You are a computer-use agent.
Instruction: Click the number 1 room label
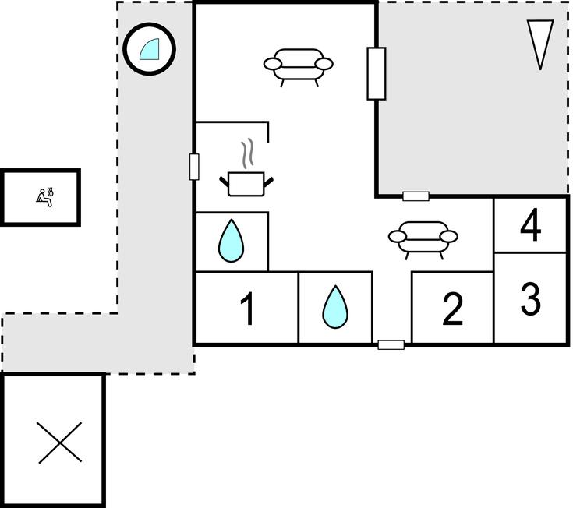coord(248,309)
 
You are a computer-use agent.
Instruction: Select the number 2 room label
coord(453,309)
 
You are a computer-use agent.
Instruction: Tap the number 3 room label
coord(531,298)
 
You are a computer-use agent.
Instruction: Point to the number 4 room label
coord(531,224)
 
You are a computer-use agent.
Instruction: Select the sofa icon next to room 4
coord(423,240)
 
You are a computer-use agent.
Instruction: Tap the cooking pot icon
coord(246,184)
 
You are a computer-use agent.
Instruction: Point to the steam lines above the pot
coord(247,153)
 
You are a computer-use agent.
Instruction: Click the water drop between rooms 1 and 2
coord(335,307)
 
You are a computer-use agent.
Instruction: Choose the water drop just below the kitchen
coord(231,241)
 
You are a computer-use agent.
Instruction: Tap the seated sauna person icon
coord(45,198)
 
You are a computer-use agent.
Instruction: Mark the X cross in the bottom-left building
coord(60,443)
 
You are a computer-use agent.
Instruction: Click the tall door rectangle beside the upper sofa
coord(377,73)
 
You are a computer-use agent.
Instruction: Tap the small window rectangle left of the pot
coord(194,167)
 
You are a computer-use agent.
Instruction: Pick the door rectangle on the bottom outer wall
coord(391,344)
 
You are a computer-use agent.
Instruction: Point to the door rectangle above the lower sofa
coord(416,196)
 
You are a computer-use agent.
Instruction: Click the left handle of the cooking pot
coord(224,182)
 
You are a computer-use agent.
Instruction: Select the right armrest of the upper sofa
coord(324,64)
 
